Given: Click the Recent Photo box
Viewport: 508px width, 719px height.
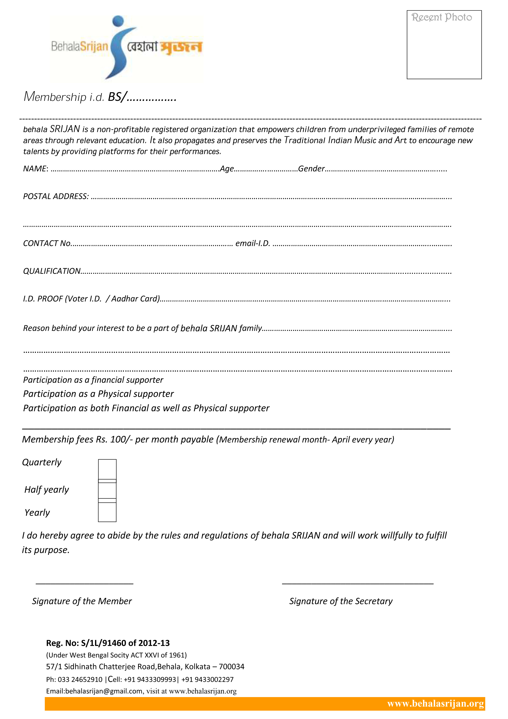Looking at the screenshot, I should pos(444,44).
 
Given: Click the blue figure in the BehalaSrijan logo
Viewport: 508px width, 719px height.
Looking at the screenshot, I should pos(119,47).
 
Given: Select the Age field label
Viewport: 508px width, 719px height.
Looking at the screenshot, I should pos(227,169).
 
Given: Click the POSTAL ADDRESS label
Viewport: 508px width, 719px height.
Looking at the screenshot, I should pos(56,196).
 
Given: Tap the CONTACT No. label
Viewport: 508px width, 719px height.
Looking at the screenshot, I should pos(47,243).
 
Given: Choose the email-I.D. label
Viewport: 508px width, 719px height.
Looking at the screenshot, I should pos(253,243).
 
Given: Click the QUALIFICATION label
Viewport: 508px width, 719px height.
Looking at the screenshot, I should pos(52,271).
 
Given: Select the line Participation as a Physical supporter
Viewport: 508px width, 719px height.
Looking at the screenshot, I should pos(98,394).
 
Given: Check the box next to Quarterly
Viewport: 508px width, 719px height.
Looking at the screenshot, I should pos(107,469).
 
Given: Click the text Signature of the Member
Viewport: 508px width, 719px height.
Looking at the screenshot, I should pos(82,601).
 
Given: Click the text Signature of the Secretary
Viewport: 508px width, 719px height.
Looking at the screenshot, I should pos(341,601).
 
